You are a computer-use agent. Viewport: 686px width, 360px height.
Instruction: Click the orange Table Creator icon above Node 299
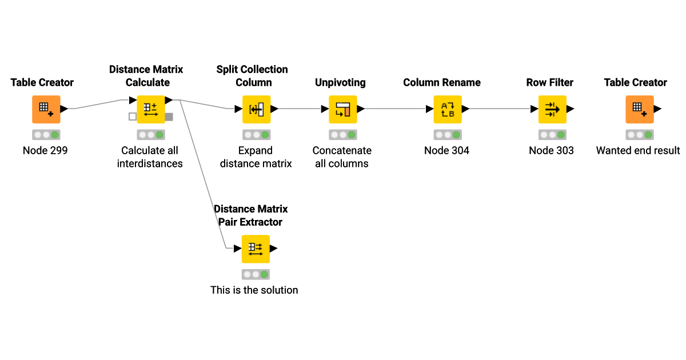click(x=46, y=109)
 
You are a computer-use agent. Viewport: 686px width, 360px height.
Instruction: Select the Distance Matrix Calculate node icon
click(x=151, y=109)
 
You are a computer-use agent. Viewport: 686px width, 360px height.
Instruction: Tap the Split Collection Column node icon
click(x=256, y=109)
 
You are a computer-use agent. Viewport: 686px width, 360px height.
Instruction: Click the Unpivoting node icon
click(x=342, y=109)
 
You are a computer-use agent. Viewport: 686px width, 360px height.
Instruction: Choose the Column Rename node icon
click(x=447, y=109)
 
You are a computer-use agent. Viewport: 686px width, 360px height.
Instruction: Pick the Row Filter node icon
click(x=552, y=109)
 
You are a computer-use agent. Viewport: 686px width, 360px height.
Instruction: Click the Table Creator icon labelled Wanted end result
click(x=639, y=109)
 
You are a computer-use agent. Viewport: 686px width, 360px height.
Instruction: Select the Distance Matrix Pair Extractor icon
click(x=256, y=249)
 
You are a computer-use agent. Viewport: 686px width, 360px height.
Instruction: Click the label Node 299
click(x=45, y=151)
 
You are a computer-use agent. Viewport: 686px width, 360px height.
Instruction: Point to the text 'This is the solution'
click(x=254, y=290)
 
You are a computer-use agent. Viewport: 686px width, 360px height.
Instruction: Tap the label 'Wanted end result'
click(x=638, y=151)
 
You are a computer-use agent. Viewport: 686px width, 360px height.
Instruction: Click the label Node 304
click(x=446, y=151)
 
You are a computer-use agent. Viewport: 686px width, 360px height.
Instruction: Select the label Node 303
click(x=551, y=151)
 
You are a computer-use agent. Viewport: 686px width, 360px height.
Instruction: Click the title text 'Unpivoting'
click(x=340, y=83)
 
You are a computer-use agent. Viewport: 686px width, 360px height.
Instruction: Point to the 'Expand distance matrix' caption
click(x=256, y=157)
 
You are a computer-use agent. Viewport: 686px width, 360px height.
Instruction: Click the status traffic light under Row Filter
click(x=552, y=135)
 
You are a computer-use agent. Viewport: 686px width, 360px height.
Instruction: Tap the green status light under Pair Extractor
click(x=264, y=274)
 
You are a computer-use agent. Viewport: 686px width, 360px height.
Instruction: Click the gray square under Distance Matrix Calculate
click(x=169, y=117)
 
